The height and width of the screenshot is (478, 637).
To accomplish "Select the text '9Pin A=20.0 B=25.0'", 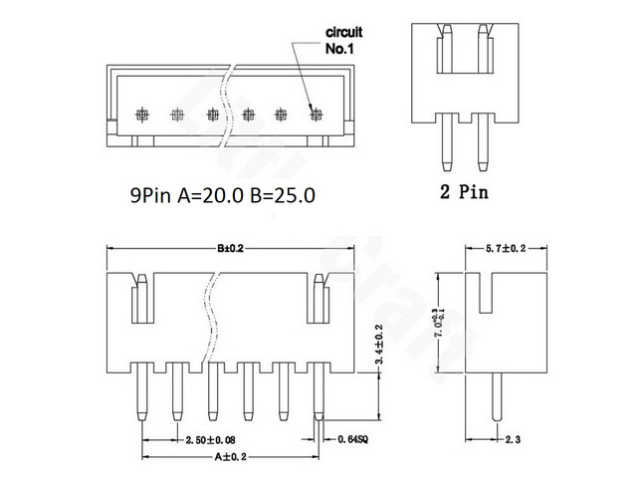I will click(x=223, y=196).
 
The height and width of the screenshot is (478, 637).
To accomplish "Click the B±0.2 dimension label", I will click(x=226, y=249).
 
